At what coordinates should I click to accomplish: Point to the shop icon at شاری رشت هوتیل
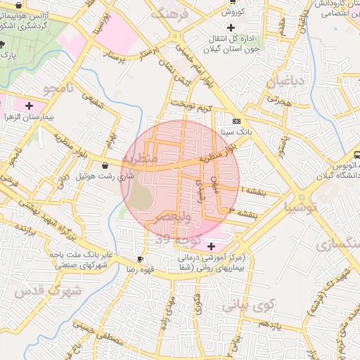[x=105, y=166]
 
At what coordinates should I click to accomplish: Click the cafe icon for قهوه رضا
[x=141, y=258]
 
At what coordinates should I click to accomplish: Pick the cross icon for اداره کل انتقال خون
[x=231, y=27]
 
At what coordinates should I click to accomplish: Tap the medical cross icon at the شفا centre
[x=212, y=246]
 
